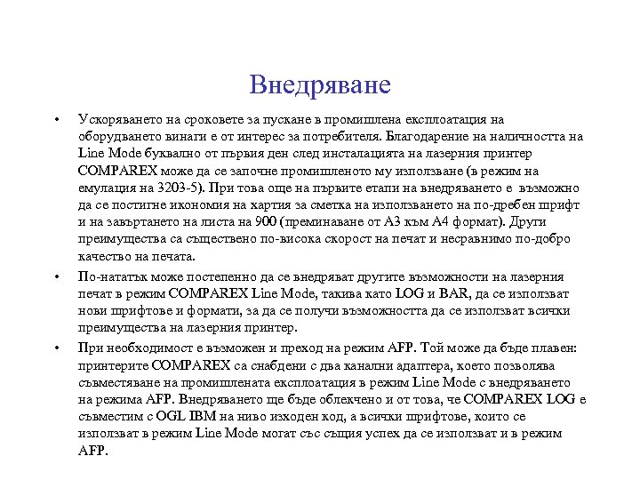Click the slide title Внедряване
click(320, 84)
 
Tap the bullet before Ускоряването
click(55, 118)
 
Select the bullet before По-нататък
click(55, 276)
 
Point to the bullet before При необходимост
click(55, 348)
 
